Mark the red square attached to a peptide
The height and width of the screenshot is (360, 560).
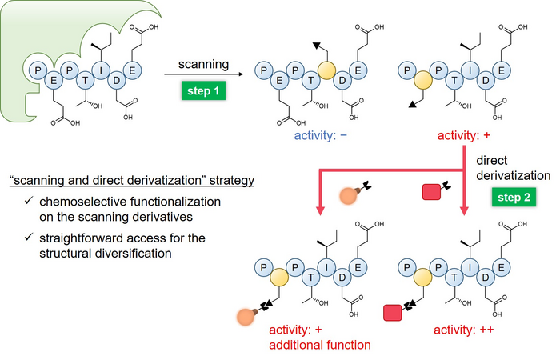(x=392, y=310)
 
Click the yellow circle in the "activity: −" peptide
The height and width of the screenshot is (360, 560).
(x=325, y=70)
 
